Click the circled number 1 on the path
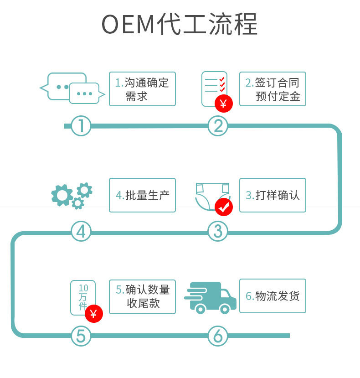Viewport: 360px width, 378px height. point(81,126)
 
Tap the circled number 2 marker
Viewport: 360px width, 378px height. point(218,126)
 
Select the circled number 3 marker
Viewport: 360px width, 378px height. point(218,232)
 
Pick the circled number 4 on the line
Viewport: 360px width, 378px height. point(81,232)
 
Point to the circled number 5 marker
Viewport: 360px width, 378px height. point(81,337)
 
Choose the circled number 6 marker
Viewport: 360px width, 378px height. point(218,337)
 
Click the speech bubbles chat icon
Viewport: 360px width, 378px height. point(73,88)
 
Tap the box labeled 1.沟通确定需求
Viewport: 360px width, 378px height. point(142,89)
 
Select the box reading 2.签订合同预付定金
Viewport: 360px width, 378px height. point(273,89)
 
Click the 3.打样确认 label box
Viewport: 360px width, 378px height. point(273,195)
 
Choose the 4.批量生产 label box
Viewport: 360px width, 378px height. point(142,195)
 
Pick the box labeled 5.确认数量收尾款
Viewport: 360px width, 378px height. point(142,296)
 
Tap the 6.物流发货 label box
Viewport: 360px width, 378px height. point(273,296)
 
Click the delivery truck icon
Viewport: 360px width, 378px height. point(211,297)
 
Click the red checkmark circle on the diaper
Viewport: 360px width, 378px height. point(223,207)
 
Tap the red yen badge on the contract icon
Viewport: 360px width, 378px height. point(223,104)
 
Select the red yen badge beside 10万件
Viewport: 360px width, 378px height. point(93,314)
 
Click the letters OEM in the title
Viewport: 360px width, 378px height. point(129,25)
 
